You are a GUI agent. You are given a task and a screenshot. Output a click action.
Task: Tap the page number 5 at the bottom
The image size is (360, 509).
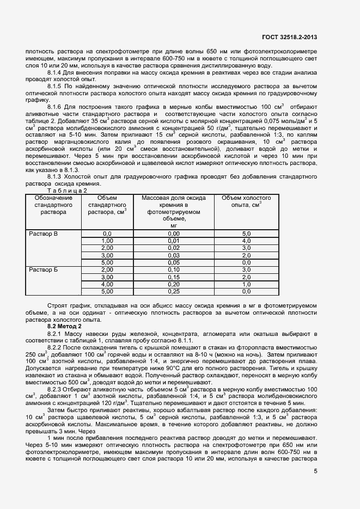coord(316,471)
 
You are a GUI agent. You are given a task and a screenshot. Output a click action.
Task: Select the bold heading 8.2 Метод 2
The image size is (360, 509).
coord(65,326)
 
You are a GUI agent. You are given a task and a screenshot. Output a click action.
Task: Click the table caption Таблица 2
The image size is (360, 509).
coord(67,191)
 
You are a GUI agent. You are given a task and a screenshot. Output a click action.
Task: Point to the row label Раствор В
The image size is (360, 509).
coord(43,233)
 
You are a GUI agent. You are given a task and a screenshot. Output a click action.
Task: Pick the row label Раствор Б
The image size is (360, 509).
coord(43,269)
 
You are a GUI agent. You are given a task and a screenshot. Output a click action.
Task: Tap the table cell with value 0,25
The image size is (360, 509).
coord(173,291)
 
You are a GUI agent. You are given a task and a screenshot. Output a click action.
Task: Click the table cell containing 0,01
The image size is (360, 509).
coord(173,240)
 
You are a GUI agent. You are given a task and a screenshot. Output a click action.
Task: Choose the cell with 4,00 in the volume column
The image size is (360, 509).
coord(107,284)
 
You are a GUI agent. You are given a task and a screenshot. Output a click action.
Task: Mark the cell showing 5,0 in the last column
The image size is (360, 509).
coord(246,233)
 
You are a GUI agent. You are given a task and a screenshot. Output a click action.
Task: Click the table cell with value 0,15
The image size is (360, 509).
coord(173,277)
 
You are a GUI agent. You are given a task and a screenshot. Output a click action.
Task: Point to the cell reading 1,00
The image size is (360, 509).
coord(107,240)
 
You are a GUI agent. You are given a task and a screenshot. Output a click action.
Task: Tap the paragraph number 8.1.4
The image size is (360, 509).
coord(56,72)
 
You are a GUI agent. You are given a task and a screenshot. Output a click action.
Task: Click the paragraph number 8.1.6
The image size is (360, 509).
coord(56,106)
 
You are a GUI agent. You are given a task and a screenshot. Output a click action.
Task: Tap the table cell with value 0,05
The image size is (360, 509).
coord(173,262)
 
